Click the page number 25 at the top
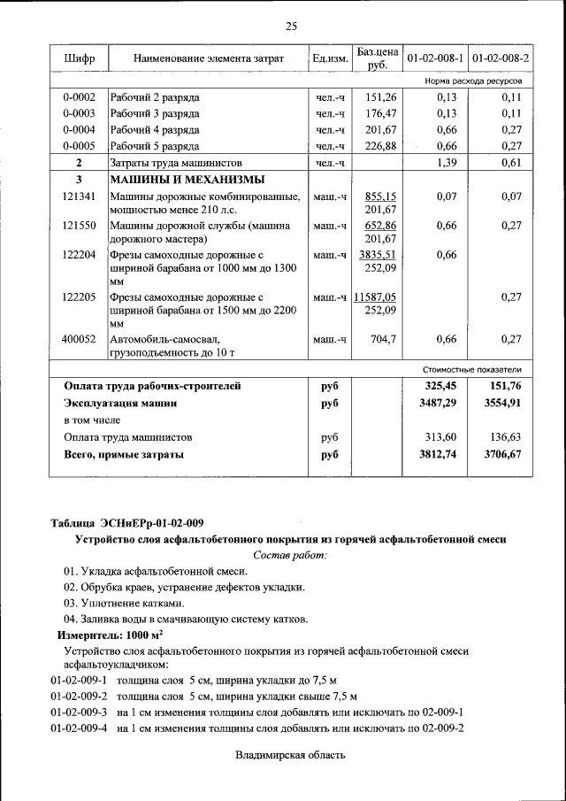tap(292, 24)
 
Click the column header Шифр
tap(79, 58)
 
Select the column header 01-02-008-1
tap(435, 58)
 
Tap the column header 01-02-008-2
tap(501, 58)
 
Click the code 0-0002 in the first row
tap(79, 96)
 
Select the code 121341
tap(79, 196)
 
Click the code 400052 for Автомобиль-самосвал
tap(79, 339)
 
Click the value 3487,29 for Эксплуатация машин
tap(437, 403)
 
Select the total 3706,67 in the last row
tap(502, 454)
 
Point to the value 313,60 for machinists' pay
tap(440, 437)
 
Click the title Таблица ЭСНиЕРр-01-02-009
tap(126, 522)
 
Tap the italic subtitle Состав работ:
tap(290, 555)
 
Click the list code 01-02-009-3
tap(79, 712)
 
